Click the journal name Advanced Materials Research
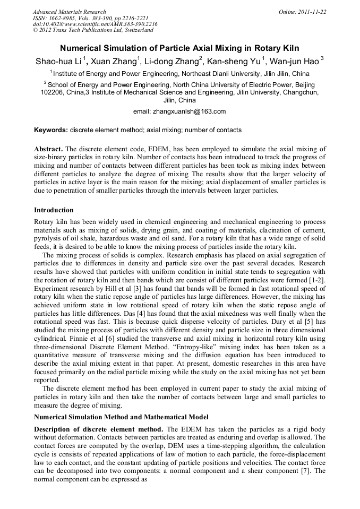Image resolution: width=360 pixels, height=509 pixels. click(x=70, y=12)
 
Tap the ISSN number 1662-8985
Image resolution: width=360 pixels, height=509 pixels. click(x=63, y=18)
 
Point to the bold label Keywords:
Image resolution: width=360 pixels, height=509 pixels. click(x=51, y=130)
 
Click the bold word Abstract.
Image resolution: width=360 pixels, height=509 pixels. click(x=48, y=149)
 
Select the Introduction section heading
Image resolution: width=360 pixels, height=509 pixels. click(x=54, y=210)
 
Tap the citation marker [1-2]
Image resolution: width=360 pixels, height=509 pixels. click(x=316, y=279)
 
